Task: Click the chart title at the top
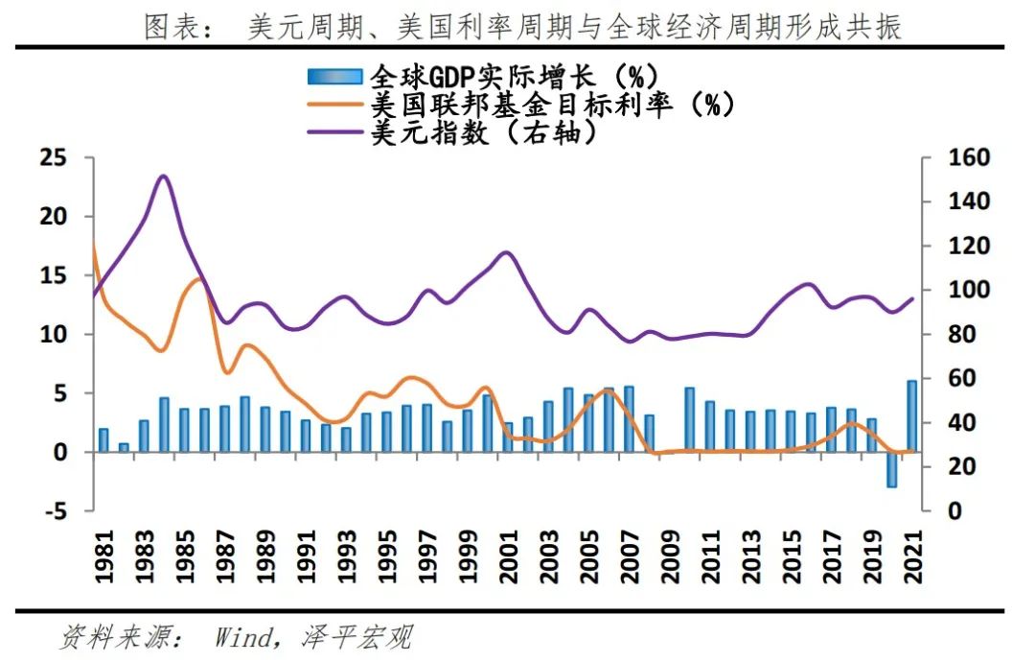522,27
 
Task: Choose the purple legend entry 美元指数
484,132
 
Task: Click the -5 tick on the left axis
57,511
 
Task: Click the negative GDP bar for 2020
891,469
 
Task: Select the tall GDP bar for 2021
911,416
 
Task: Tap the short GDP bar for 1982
124,447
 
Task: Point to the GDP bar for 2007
629,419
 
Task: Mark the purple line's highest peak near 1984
163,177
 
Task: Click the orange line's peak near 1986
199,279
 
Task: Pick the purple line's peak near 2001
507,252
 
